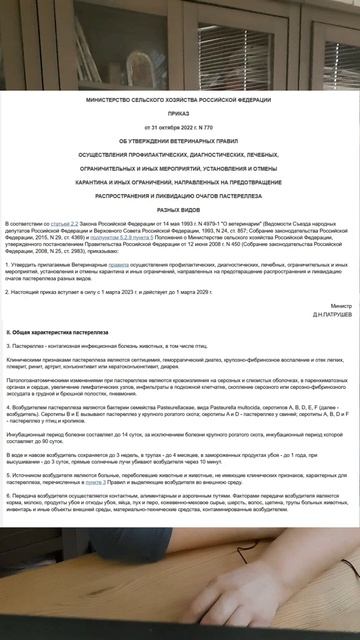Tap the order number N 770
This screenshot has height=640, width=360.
tap(208, 129)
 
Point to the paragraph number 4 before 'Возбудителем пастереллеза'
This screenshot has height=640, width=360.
tap(8, 409)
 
